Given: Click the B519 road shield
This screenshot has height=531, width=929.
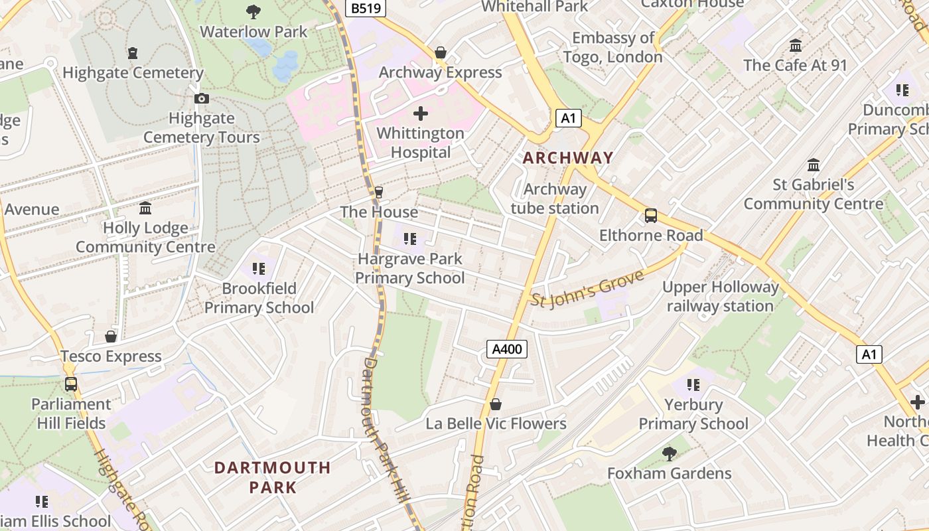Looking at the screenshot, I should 365,8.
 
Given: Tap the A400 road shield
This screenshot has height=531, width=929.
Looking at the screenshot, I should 507,350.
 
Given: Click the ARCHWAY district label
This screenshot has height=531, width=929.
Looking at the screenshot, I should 567,158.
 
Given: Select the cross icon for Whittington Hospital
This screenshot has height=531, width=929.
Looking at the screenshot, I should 420,114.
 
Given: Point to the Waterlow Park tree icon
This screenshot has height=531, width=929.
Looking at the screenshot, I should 253,11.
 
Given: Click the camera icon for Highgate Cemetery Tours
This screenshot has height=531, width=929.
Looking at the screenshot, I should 202,99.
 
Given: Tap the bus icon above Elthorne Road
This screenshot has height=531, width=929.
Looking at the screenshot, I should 651,216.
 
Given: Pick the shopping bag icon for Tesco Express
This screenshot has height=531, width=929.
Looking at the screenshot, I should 111,337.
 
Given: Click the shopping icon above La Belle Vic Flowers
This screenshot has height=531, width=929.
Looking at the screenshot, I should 496,404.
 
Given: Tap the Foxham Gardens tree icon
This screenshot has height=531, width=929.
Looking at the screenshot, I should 670,454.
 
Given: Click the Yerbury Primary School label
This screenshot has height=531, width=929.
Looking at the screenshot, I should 693,414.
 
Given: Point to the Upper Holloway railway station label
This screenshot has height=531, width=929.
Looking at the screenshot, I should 720,297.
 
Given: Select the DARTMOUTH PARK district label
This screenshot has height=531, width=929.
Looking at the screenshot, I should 272,477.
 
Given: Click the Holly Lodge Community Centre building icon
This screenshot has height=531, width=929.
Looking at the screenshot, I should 145,209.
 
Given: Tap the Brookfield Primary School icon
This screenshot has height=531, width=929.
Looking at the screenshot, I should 258,269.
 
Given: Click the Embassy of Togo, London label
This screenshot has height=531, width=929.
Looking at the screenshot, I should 612,47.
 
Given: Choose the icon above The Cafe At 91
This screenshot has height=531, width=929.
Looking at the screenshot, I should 795,46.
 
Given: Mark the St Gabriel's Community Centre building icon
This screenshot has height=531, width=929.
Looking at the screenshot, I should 813,165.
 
